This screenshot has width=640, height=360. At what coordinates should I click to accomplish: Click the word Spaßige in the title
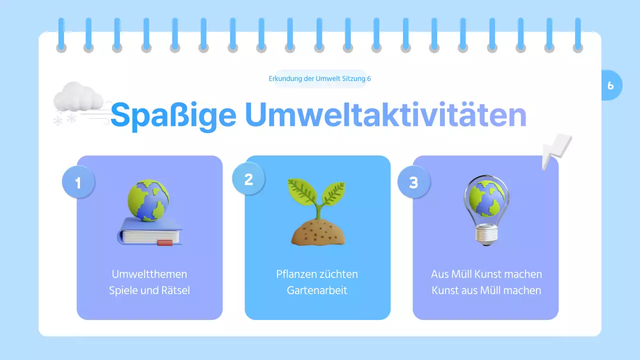tap(172, 116)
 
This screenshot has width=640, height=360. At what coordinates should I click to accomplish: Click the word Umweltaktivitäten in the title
tap(385, 115)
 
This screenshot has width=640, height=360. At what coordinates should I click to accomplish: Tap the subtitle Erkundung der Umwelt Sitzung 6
tap(319, 78)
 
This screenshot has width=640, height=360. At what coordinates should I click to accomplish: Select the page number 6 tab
tap(610, 85)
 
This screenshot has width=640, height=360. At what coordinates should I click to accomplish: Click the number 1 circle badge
tap(78, 183)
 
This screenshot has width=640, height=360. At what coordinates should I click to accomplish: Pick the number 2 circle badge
tap(248, 179)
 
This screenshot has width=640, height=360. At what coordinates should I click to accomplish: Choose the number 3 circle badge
tap(413, 182)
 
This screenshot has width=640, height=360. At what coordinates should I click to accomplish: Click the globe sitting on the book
tap(148, 200)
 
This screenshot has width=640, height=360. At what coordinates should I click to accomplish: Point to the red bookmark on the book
tap(164, 243)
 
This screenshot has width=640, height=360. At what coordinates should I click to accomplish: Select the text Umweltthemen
tap(149, 274)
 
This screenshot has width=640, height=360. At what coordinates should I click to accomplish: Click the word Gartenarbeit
tap(317, 290)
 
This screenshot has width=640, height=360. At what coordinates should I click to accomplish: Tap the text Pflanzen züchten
tap(317, 274)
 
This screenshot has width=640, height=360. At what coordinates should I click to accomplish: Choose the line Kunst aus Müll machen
tap(486, 290)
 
